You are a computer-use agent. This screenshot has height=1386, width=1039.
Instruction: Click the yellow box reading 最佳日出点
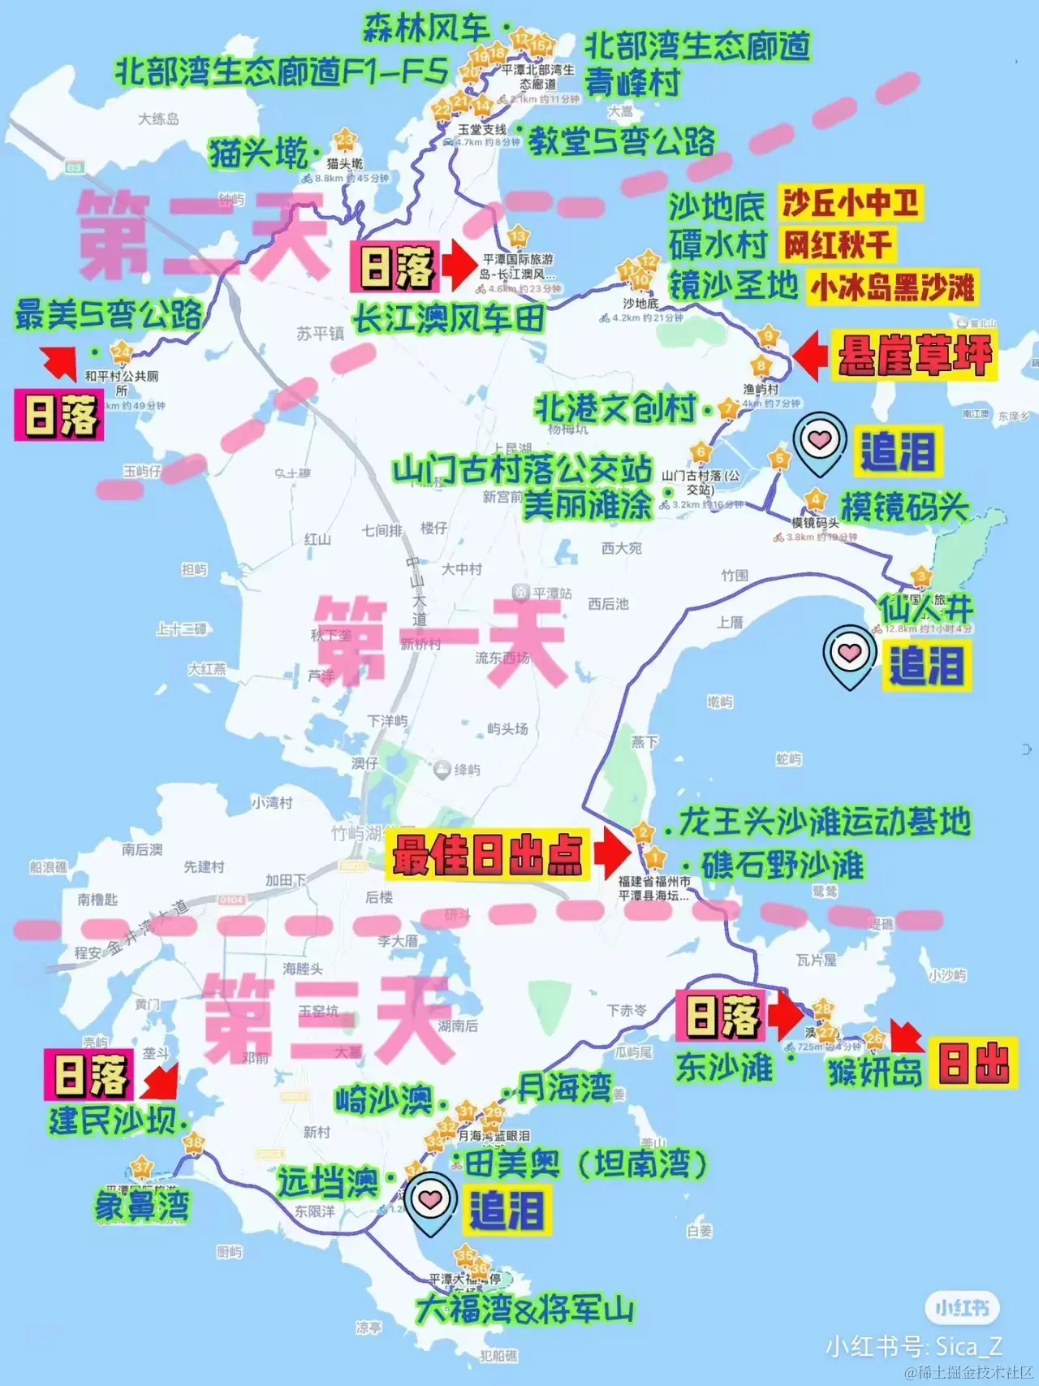point(487,854)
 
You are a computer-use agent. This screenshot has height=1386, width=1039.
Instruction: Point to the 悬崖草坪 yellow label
point(915,355)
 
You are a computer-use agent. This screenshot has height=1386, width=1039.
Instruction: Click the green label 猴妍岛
point(874,1072)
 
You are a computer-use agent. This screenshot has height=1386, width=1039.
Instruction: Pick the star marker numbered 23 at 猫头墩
point(346,140)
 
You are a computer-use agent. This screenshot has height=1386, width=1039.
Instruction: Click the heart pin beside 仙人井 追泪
point(849,654)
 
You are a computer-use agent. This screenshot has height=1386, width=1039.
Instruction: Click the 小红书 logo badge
point(962,1308)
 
